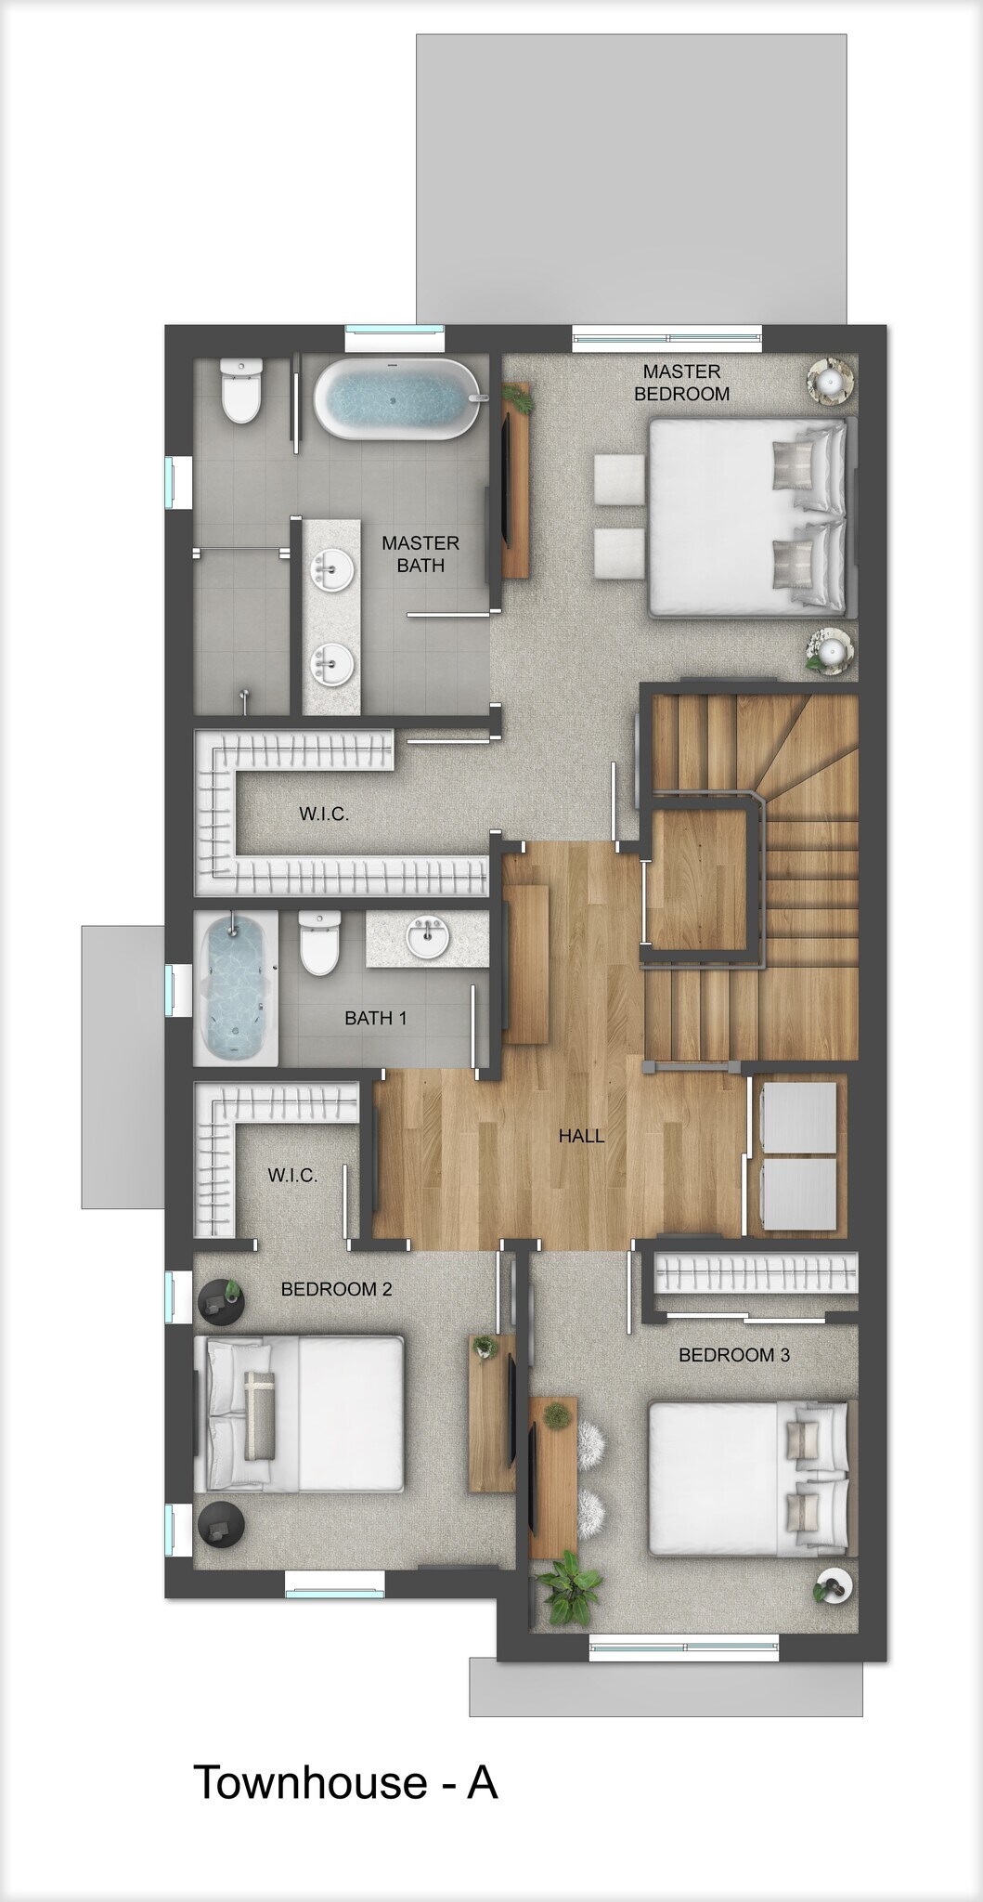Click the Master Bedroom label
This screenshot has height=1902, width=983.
[681, 383]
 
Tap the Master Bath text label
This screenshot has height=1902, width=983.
[420, 554]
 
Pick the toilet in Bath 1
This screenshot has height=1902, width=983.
[319, 943]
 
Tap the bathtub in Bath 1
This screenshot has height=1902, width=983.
[236, 988]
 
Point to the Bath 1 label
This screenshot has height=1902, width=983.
[375, 1018]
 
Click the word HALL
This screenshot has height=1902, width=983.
[581, 1136]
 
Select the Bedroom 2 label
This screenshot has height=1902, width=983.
[336, 1289]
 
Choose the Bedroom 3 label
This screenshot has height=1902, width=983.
[733, 1355]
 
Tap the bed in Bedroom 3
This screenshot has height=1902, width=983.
[747, 1478]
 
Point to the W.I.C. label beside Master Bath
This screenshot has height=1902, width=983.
[324, 814]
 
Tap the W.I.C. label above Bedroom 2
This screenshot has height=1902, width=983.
[292, 1175]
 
